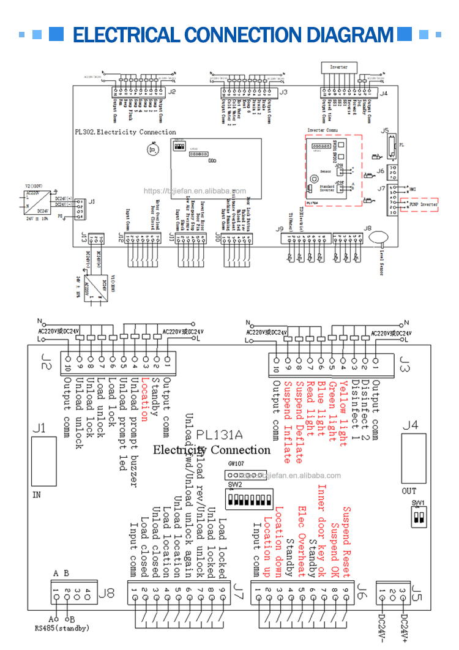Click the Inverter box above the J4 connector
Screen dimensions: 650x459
(x=338, y=66)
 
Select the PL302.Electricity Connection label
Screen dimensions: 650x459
(x=125, y=132)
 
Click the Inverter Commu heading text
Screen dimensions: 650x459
(x=324, y=130)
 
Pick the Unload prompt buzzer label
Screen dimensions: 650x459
(x=134, y=434)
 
